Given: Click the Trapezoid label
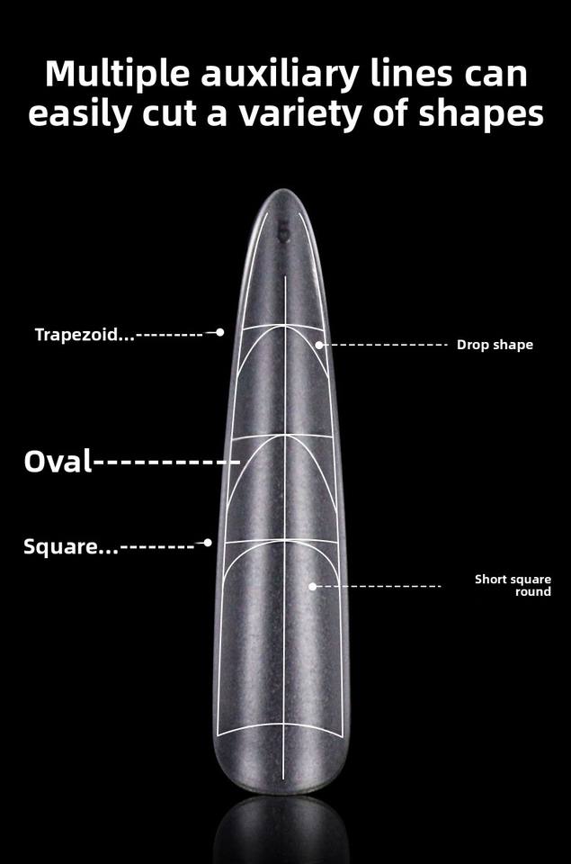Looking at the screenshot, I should tap(84, 335).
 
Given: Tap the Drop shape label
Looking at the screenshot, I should tap(495, 345).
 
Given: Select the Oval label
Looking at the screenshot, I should tap(58, 462).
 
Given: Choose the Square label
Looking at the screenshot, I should tap(70, 546).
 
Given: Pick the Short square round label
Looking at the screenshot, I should tap(513, 585).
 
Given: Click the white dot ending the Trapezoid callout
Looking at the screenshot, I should tap(220, 332).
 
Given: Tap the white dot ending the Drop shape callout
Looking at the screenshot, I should tap(319, 345).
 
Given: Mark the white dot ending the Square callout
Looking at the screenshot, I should tap(208, 543).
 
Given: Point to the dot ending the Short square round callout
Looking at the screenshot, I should tap(312, 586).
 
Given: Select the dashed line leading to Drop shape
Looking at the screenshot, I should tap(387, 345).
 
